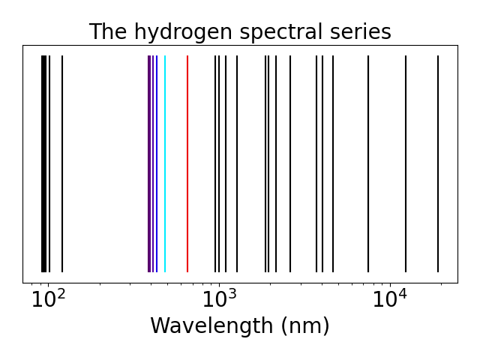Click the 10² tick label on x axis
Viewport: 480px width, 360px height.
pos(49,300)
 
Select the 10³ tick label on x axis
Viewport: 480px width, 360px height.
pos(220,300)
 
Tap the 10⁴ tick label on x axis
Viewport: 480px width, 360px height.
pos(390,300)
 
